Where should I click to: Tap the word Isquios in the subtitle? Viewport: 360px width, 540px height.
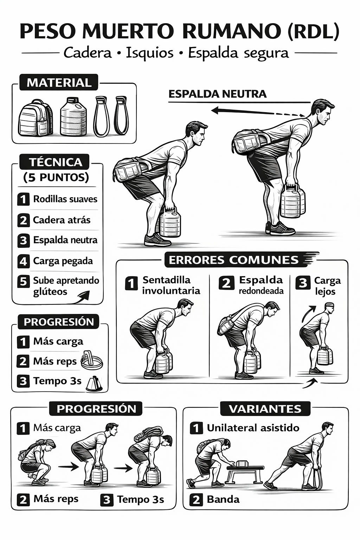(x=150, y=53)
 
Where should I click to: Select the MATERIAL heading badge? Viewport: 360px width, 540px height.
(x=59, y=83)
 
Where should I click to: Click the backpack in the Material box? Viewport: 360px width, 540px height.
(x=35, y=118)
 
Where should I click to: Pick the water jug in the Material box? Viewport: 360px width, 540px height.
(x=73, y=117)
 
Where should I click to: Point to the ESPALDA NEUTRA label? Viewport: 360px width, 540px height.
(x=217, y=94)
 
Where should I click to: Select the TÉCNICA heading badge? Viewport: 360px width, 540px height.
(x=55, y=162)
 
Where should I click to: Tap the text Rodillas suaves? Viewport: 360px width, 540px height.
(x=65, y=199)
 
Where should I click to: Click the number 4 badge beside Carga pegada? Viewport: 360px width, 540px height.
(x=23, y=261)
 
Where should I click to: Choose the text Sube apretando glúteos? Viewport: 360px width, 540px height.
(x=66, y=286)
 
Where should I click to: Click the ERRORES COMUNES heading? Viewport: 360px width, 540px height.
(x=233, y=260)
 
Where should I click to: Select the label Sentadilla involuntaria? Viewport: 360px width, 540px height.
(x=171, y=285)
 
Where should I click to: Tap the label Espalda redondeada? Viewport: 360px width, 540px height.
(x=261, y=285)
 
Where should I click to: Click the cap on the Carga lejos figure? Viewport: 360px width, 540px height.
(x=329, y=304)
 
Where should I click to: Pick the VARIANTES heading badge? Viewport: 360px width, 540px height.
(x=265, y=409)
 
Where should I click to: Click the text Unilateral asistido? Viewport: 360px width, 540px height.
(x=253, y=428)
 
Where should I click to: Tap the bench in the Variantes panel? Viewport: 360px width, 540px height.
(x=245, y=471)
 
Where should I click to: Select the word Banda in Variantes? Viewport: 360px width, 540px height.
(x=223, y=499)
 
